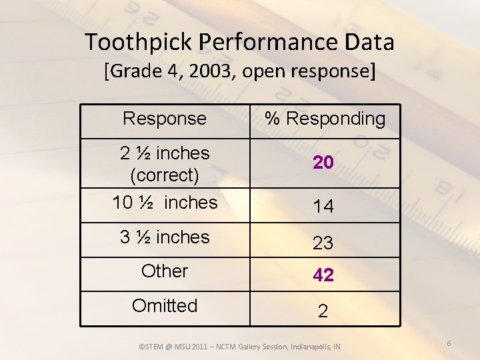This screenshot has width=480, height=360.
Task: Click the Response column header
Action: coord(165,119)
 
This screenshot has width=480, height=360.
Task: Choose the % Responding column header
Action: coord(325,119)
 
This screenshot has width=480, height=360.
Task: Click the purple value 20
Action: coord(323,163)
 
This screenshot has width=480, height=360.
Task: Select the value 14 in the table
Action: coord(323,207)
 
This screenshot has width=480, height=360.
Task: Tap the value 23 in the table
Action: coord(323,243)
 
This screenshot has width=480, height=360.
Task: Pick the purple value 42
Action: coord(323,275)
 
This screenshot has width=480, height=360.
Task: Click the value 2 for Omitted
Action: coord(323,311)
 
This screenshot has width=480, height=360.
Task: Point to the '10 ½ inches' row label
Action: coord(165,202)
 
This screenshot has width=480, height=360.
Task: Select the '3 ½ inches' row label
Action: coord(165,237)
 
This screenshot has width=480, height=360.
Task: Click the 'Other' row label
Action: coord(165,271)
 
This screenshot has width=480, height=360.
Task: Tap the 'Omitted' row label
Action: coord(165,306)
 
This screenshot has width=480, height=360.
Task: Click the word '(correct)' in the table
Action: coord(165,175)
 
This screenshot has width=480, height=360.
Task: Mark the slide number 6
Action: coord(449,343)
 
